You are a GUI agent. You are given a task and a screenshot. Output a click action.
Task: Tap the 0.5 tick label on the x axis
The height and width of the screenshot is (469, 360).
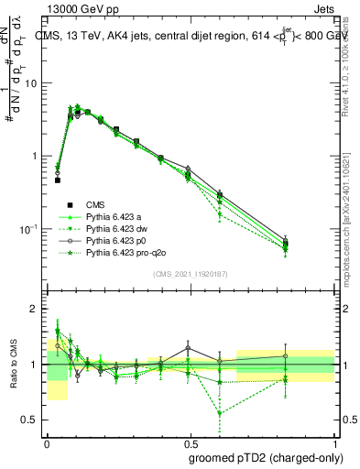point(191,442)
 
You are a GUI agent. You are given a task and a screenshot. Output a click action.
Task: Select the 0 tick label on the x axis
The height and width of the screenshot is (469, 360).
point(47,442)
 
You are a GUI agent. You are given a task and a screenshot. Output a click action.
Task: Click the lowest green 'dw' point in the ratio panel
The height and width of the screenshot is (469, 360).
point(220,413)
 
